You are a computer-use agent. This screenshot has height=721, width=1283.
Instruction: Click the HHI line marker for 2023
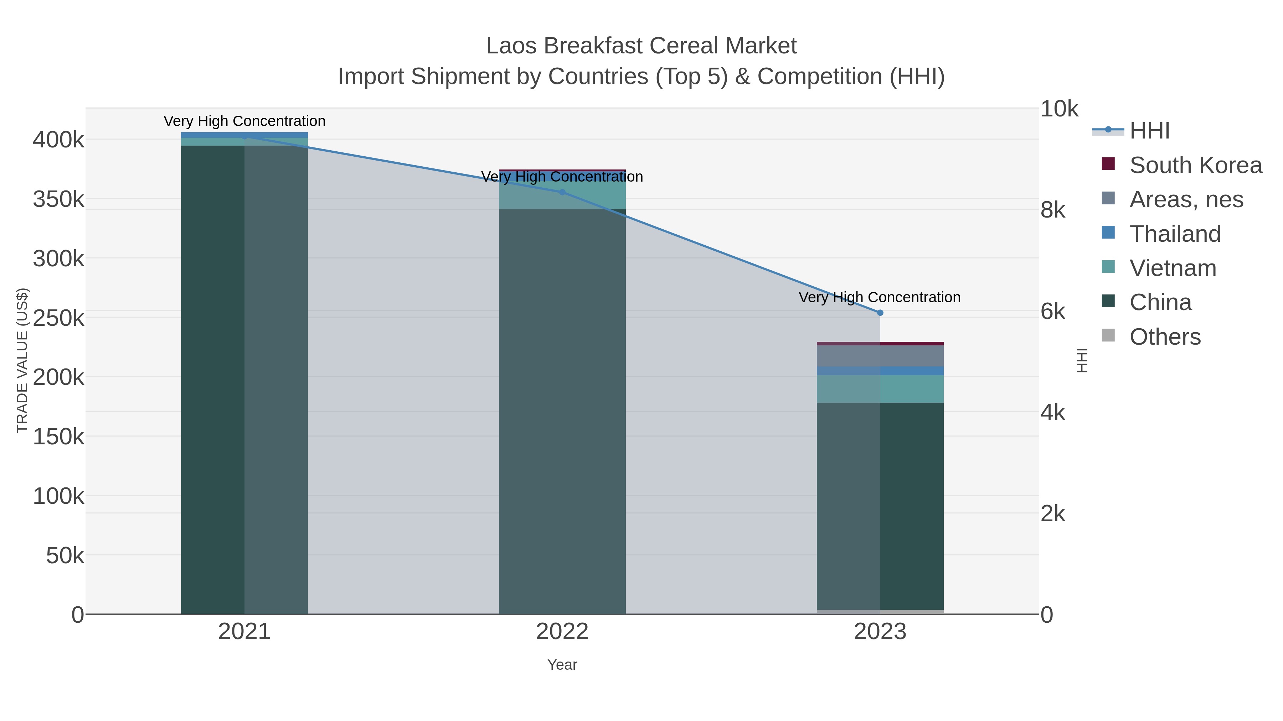click(880, 313)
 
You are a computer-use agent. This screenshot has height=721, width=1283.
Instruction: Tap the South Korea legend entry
click(1195, 165)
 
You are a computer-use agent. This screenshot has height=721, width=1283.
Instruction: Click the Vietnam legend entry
click(1173, 268)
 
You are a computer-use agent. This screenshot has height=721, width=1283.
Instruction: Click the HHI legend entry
click(1149, 131)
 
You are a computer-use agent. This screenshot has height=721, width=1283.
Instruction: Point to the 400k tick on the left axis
click(58, 140)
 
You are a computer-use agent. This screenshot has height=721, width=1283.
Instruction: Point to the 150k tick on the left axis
click(58, 437)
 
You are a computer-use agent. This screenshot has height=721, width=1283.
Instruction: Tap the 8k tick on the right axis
click(1052, 210)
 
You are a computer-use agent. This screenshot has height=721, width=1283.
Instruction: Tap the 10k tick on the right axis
click(1059, 109)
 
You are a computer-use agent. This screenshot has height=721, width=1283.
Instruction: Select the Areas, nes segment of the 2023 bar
click(880, 356)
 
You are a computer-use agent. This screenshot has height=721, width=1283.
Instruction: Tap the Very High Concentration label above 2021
click(244, 121)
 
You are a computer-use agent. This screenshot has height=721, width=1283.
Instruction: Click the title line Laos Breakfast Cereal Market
click(641, 46)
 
